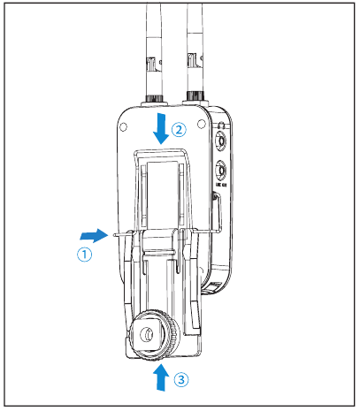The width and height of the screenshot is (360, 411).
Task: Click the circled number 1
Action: [x=83, y=255]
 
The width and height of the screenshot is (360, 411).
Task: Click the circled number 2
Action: [x=179, y=129]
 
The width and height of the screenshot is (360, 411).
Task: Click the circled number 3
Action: [x=180, y=381]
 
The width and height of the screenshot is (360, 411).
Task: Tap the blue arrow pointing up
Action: [x=161, y=377]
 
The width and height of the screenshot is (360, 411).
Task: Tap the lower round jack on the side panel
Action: [x=222, y=171]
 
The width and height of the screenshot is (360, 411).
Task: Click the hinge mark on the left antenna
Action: [x=151, y=65]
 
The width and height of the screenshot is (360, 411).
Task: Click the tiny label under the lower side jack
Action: [x=222, y=186]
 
